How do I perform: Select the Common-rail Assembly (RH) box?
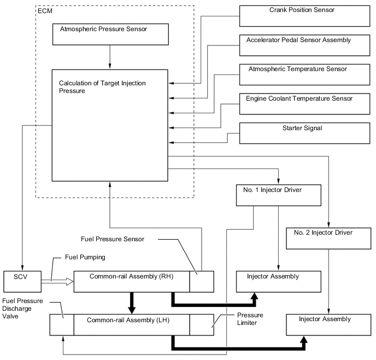pos(131,281)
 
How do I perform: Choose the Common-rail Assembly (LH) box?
pos(131,324)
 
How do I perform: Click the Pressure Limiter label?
pos(250,320)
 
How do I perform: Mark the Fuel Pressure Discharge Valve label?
pos(22,307)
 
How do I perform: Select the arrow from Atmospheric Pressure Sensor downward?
pos(110,57)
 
